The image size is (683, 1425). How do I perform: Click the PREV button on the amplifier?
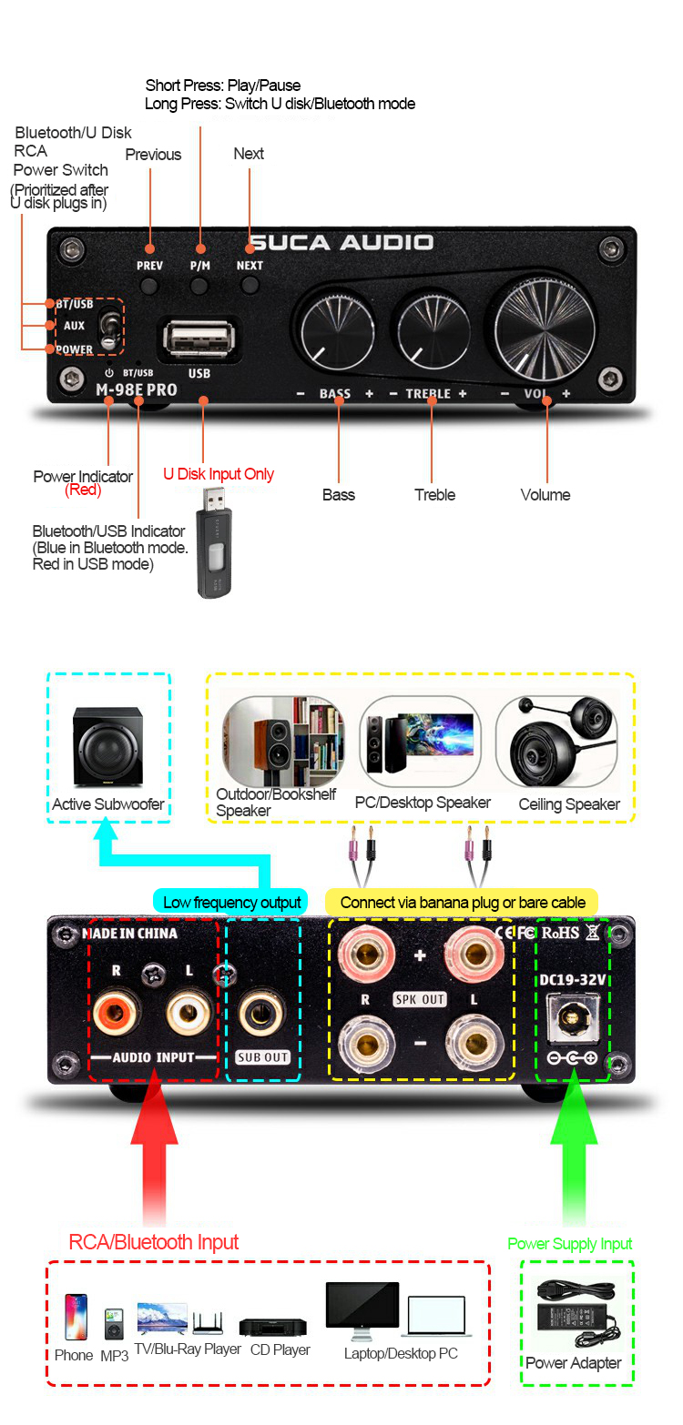[x=149, y=286]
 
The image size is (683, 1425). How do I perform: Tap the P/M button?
[x=199, y=286]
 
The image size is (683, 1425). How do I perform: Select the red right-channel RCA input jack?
[x=115, y=1010]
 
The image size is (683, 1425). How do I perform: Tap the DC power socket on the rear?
[x=573, y=1016]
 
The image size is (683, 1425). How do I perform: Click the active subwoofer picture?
[x=107, y=745]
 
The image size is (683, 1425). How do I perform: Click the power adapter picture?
[x=576, y=1314]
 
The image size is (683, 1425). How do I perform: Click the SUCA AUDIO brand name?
[x=341, y=242]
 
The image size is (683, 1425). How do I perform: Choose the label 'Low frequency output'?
[x=231, y=903]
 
